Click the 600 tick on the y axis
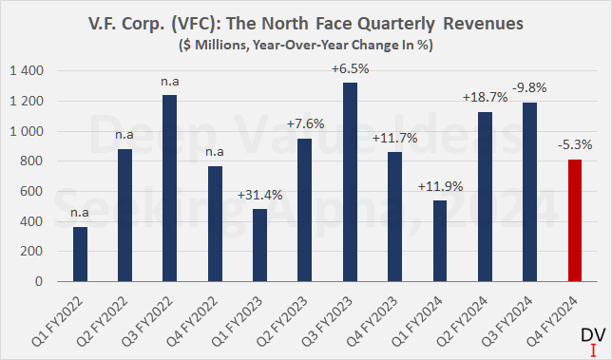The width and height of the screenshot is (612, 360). pos(30,192)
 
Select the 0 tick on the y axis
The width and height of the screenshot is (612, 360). pos(39,282)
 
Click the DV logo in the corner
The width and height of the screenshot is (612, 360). pos(590,341)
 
